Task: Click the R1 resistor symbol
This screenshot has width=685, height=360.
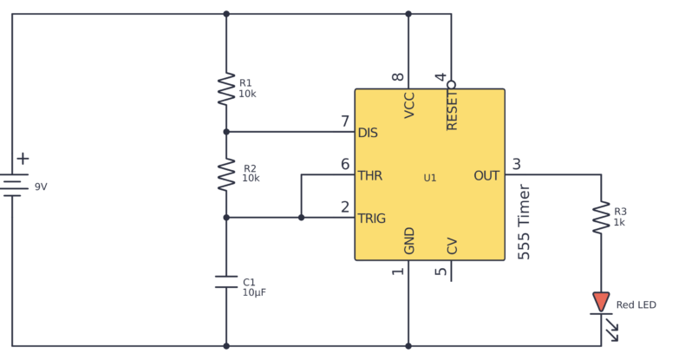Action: point(225,88)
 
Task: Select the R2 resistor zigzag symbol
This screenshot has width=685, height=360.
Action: point(225,174)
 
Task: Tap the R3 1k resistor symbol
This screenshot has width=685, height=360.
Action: point(600,217)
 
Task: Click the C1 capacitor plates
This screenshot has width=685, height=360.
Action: point(225,281)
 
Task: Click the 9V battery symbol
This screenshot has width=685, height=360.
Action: point(12,185)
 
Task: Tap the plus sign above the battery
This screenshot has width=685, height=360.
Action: point(23,159)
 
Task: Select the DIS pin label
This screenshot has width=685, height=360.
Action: point(368,133)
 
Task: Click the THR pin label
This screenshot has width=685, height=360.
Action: point(370,175)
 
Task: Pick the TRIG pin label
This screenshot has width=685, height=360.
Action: point(372,218)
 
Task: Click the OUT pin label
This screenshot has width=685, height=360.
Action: point(486,175)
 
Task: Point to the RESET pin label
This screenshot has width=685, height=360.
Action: point(452,111)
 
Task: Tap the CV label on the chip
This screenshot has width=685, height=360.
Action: point(452,246)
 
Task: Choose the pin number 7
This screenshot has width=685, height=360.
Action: point(345,121)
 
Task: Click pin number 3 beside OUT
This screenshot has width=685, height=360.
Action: point(517,164)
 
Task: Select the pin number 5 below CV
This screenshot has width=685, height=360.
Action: point(441,272)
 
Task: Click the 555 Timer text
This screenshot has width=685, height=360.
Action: point(524,222)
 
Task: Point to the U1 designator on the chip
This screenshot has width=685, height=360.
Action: point(430,178)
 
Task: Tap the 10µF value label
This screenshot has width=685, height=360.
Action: point(254,292)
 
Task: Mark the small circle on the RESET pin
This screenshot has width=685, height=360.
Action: point(451,84)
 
